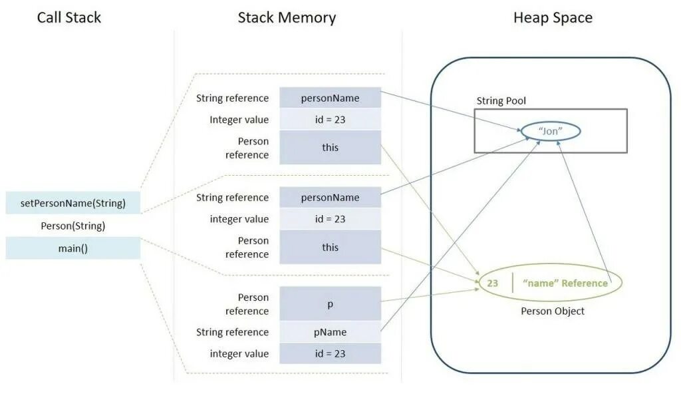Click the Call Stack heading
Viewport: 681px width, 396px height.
(69, 18)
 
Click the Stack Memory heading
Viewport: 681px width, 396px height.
(287, 18)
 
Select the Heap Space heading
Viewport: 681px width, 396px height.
(553, 18)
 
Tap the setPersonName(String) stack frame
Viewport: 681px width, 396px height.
(73, 203)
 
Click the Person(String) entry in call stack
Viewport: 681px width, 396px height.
(73, 226)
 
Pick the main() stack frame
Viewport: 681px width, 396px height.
(73, 248)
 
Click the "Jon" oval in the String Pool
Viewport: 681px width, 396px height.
(550, 131)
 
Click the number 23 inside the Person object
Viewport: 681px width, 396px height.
(492, 283)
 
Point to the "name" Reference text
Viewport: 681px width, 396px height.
(565, 283)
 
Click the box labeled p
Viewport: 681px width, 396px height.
(330, 304)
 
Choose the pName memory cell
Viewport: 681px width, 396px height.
(330, 332)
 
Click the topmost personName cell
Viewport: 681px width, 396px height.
(330, 98)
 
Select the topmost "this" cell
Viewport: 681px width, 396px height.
(330, 147)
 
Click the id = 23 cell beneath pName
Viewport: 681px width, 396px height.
(330, 353)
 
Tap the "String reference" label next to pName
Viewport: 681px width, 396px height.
(232, 332)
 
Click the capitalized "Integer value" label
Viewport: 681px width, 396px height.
(239, 120)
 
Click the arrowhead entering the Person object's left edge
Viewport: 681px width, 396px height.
(477, 283)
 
